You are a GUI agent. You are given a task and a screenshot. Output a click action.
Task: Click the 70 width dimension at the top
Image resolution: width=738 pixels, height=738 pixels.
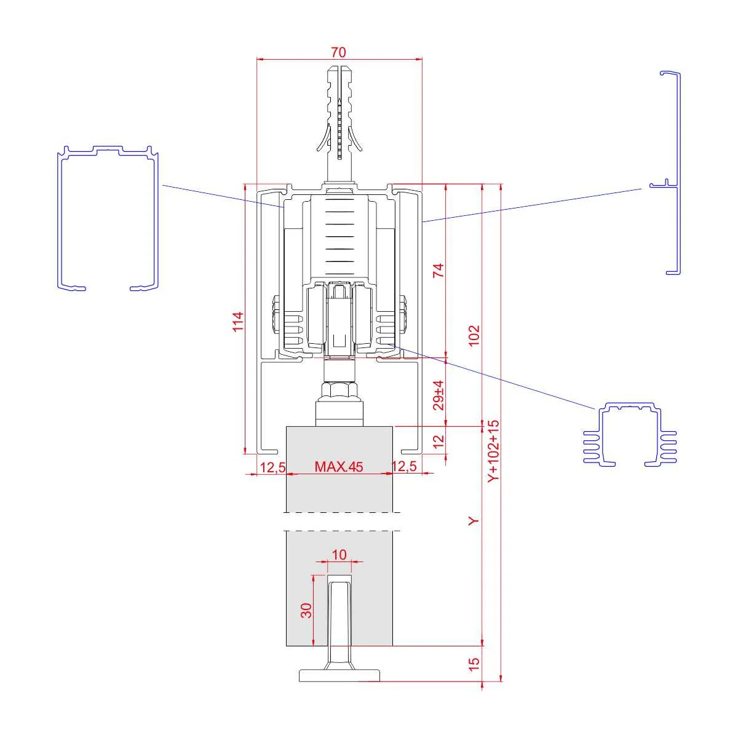coord(338,52)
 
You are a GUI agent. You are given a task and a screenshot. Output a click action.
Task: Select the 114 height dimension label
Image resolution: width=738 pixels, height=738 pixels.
coord(238,322)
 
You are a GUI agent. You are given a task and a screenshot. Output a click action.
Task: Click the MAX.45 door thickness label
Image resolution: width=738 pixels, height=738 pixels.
coord(338,466)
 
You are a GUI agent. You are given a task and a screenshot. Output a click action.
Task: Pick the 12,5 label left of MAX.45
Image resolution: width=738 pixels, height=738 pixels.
coord(272,467)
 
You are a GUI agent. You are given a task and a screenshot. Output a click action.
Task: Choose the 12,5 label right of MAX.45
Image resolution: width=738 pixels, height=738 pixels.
coord(405,466)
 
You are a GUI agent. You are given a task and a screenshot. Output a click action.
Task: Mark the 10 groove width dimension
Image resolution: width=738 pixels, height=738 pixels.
coord(339,554)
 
